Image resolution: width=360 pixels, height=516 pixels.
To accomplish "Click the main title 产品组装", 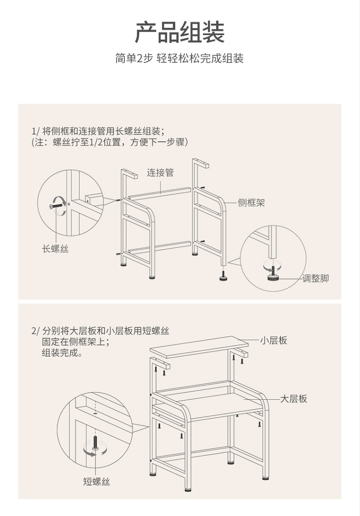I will [180, 33].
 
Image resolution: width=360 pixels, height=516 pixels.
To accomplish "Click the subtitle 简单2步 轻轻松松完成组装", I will [180, 59].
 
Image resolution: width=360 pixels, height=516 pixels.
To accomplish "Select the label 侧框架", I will [251, 203].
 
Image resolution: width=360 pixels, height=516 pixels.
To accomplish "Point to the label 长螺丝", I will [55, 249].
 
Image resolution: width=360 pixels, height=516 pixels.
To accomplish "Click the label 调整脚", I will [315, 278].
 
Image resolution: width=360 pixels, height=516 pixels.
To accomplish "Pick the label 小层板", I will [274, 340].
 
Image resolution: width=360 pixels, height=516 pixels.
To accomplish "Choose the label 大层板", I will [293, 399].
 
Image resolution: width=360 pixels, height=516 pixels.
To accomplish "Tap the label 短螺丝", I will [96, 481].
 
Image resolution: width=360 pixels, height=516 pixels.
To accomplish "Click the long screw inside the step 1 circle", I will [56, 206].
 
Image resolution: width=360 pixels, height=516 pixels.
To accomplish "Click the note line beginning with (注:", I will [109, 142].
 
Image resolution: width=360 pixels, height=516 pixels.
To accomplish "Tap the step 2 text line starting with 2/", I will [100, 331].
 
